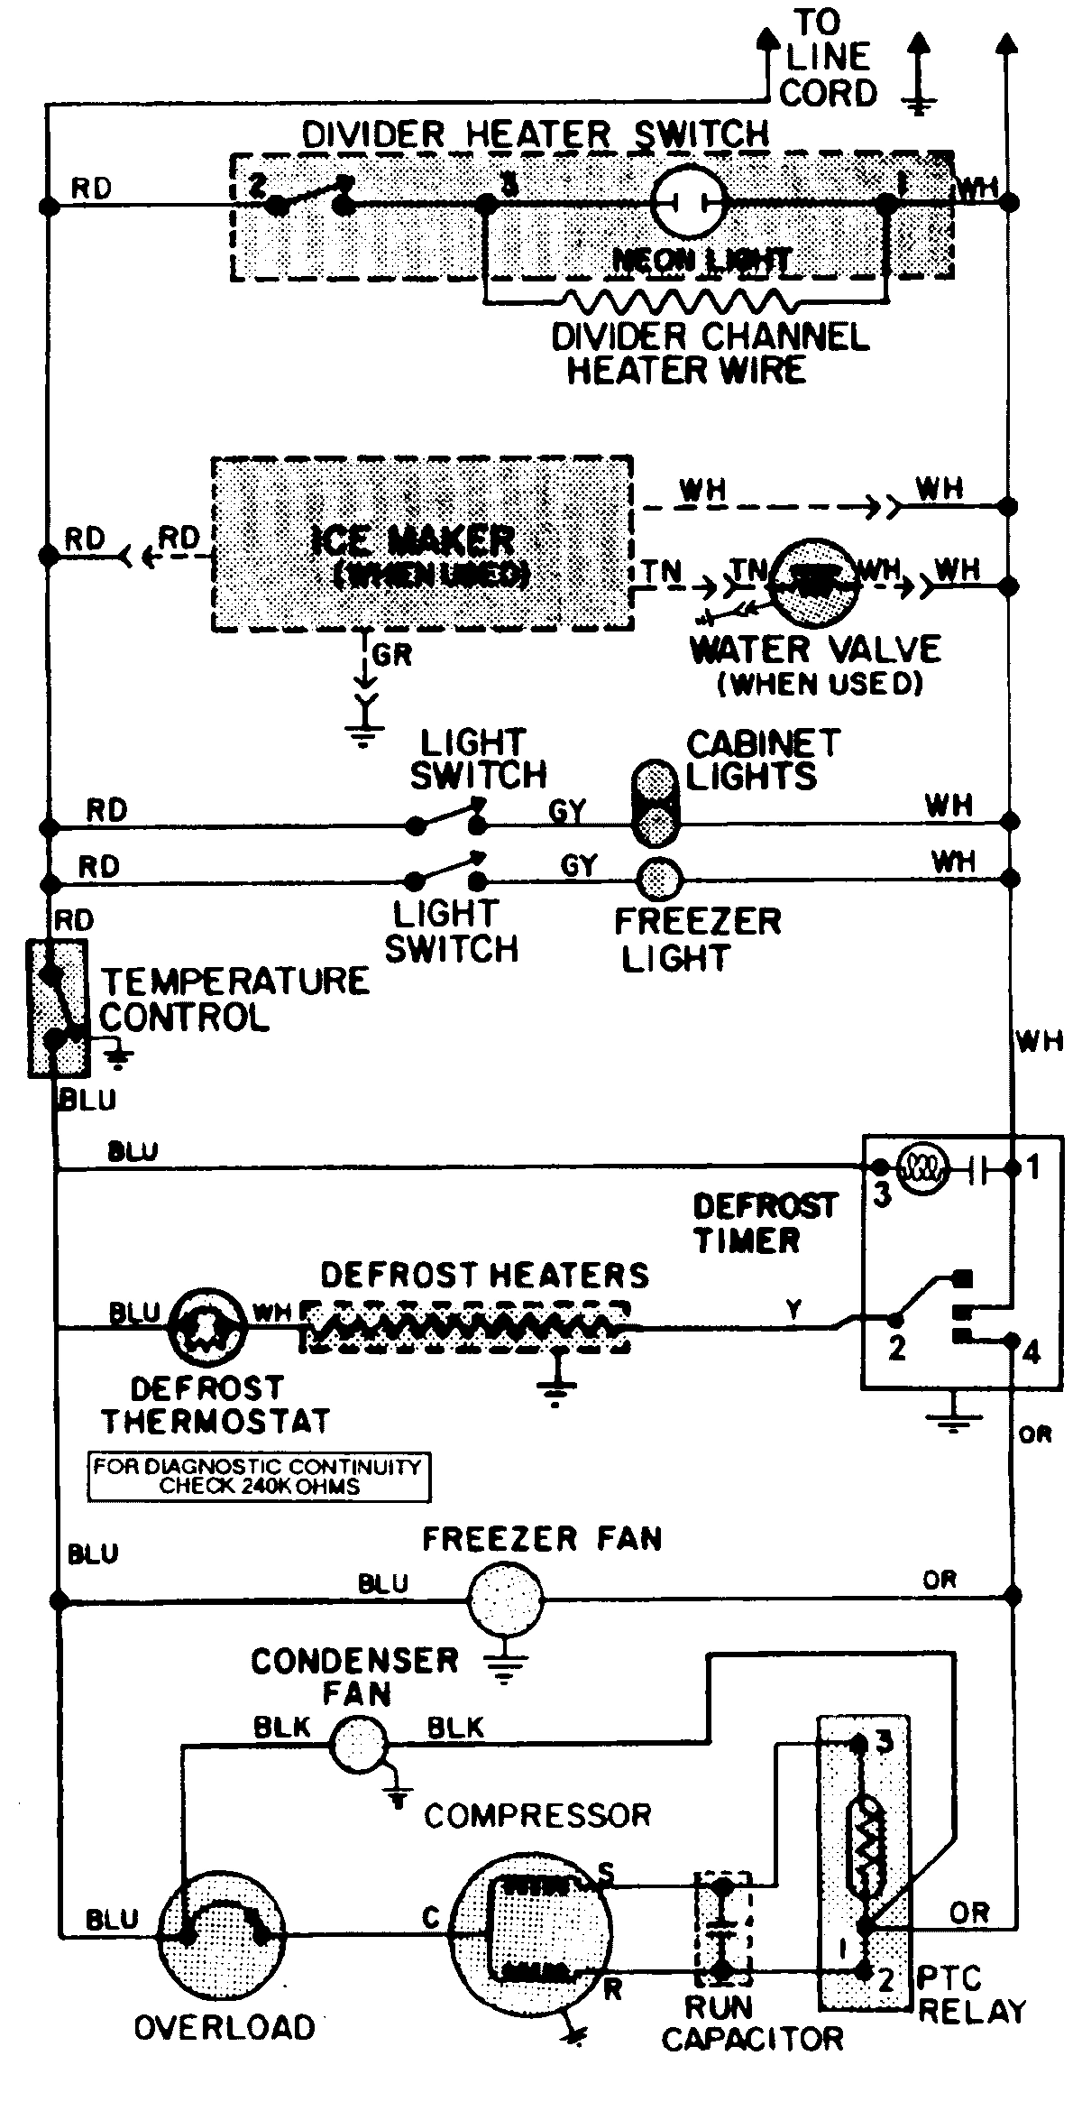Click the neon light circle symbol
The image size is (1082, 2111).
coord(689,202)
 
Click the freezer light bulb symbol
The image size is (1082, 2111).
coord(659,878)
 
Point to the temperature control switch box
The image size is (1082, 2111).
coord(58,1008)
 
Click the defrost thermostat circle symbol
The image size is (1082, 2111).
coord(207,1327)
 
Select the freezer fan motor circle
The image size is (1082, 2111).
coord(505,1599)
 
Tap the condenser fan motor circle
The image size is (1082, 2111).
coord(357,1743)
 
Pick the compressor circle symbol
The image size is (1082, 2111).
coord(527,1931)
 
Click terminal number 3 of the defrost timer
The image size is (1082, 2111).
coord(882,1194)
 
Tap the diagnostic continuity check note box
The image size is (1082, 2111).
coord(258,1476)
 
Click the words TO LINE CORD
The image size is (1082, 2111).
coord(827,58)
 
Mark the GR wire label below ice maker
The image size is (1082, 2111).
coord(391,655)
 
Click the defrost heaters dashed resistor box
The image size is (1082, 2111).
coord(464,1326)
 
